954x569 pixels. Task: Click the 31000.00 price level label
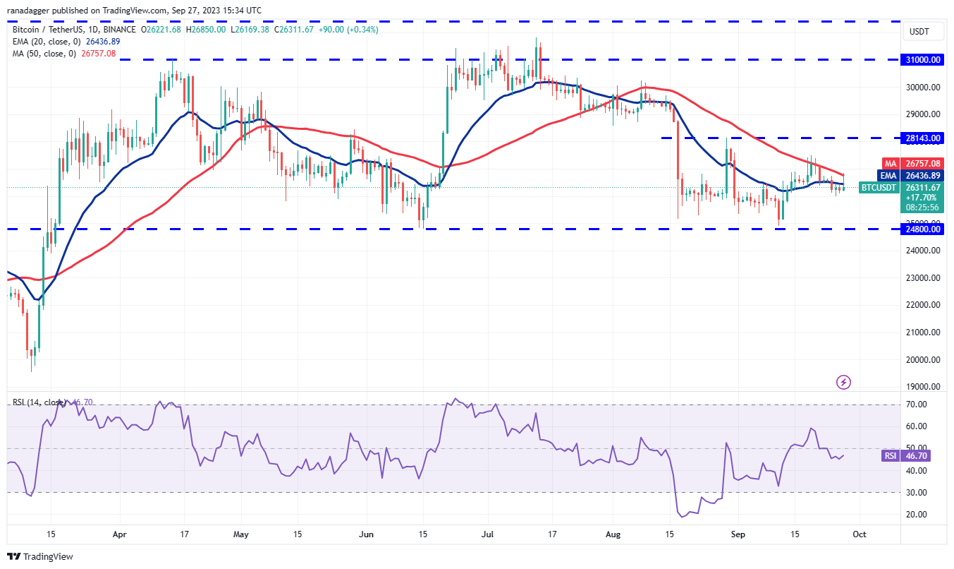point(923,60)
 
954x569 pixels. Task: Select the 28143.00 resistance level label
point(923,138)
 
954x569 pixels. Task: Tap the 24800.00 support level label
point(923,229)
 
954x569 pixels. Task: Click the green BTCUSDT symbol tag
point(879,188)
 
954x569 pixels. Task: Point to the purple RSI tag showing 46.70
point(891,456)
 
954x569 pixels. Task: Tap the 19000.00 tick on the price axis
point(923,387)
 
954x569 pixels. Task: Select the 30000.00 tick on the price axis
point(923,88)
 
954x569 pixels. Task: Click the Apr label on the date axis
point(119,535)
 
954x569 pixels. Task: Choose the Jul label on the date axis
point(488,535)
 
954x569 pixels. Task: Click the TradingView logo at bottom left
point(40,556)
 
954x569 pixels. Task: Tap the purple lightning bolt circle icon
point(843,382)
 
